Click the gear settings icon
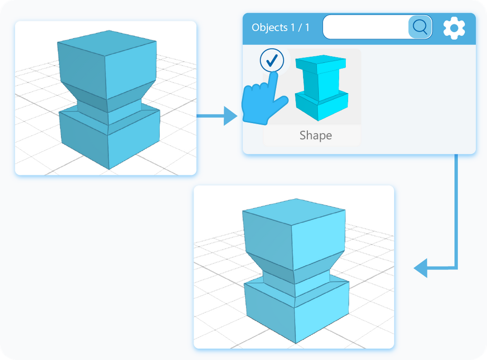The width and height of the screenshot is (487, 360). pyautogui.click(x=454, y=28)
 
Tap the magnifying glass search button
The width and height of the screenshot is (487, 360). pyautogui.click(x=420, y=27)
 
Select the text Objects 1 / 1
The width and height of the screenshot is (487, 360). pyautogui.click(x=281, y=28)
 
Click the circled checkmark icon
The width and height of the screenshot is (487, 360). pyautogui.click(x=272, y=60)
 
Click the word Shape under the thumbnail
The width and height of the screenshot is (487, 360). pyautogui.click(x=315, y=136)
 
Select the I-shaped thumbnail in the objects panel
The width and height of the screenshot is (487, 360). pyautogui.click(x=321, y=88)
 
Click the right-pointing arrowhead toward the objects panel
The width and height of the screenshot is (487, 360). pyautogui.click(x=230, y=116)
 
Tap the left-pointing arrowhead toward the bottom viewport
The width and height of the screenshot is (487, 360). pyautogui.click(x=421, y=269)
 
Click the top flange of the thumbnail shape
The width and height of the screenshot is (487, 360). pyautogui.click(x=321, y=63)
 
